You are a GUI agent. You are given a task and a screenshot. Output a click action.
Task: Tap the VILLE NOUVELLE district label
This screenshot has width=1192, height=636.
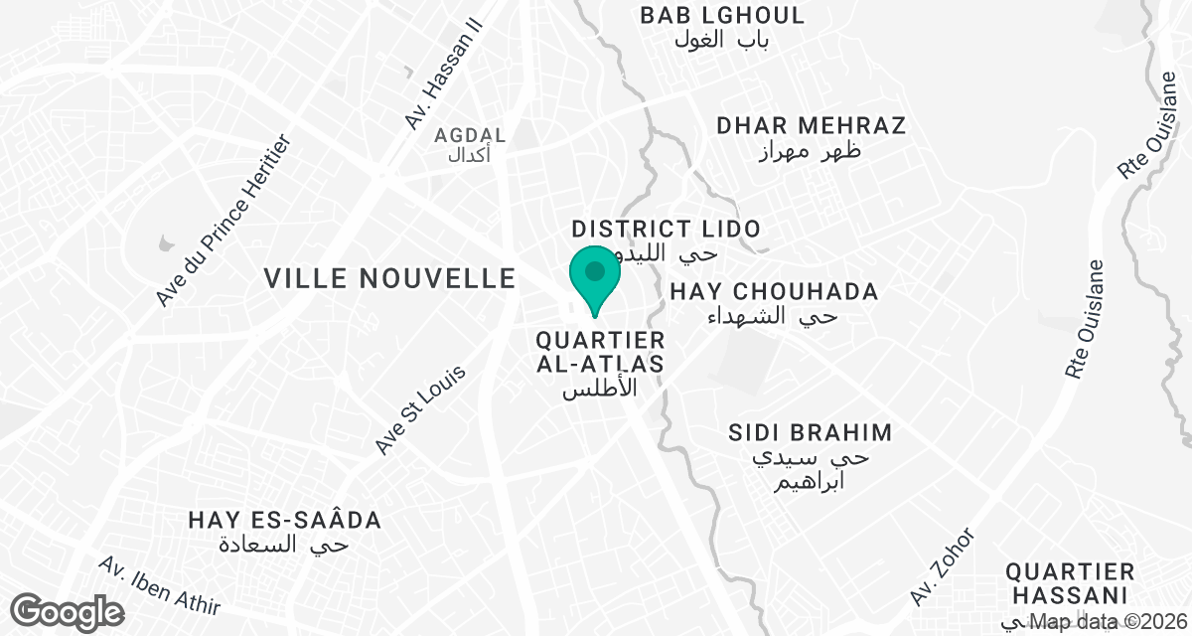[x=390, y=279]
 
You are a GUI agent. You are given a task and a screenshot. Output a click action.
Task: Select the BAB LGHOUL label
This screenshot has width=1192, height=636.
[x=722, y=16]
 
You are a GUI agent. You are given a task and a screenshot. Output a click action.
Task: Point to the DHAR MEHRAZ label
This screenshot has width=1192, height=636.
[x=812, y=126]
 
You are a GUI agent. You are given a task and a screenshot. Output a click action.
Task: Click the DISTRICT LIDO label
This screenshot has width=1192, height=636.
[x=666, y=230]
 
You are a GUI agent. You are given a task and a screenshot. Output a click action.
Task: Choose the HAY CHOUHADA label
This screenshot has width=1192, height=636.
[x=774, y=292]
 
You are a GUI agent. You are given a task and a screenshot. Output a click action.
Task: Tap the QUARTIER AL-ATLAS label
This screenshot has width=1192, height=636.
[x=600, y=353]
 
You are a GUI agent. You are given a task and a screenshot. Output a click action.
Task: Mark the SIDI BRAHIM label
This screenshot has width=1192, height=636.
[x=811, y=433]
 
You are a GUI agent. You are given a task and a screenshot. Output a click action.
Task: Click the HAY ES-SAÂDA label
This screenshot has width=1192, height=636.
[x=285, y=521]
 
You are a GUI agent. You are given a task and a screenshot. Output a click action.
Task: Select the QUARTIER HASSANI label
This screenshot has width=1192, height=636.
[x=1070, y=583]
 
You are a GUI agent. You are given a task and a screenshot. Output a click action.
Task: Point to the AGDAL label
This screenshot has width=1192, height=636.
[x=471, y=135]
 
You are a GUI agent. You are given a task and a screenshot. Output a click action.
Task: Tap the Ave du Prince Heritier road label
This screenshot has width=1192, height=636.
[x=227, y=219]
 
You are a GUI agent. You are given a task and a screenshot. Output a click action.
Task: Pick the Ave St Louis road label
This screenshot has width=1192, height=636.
[x=420, y=409]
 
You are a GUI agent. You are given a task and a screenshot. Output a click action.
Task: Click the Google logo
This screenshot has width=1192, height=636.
[x=69, y=610]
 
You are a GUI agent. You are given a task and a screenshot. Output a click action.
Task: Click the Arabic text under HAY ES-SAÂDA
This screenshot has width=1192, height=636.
[x=285, y=546]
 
